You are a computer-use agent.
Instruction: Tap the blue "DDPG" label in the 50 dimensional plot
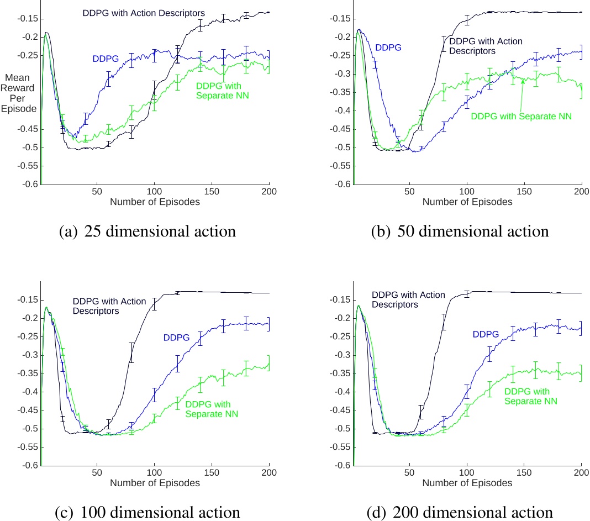388,48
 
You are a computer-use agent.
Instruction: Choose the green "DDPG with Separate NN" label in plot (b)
521,116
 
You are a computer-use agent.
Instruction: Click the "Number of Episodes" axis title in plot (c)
155,482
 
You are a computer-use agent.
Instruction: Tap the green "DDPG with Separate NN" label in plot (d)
530,396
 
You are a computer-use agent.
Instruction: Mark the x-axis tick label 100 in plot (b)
467,191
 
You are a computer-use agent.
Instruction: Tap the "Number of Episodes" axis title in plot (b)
467,202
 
